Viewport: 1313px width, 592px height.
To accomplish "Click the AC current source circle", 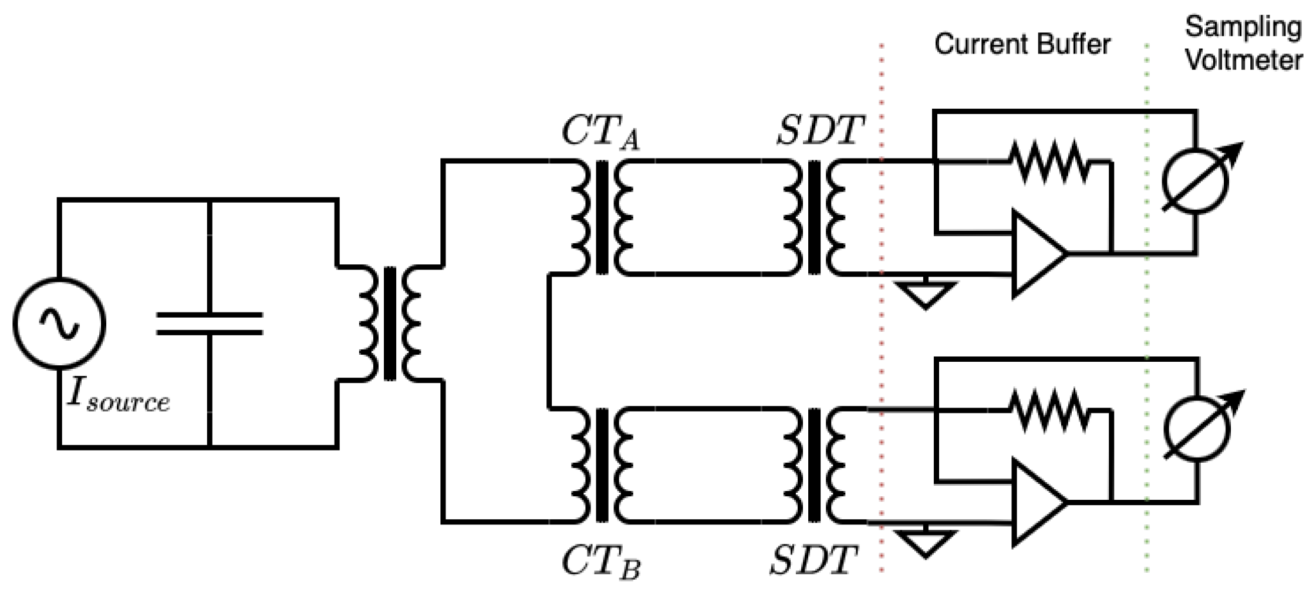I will coord(59,324).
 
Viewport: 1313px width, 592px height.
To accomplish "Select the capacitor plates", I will coord(210,324).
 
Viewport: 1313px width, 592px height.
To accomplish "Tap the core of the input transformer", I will coord(390,324).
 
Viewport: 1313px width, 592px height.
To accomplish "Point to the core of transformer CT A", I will coord(602,217).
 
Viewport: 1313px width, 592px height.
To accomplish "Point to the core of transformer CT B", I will coord(602,465).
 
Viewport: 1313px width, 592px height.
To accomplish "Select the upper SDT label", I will coord(820,130).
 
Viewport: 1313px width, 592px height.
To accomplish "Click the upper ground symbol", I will coord(925,294).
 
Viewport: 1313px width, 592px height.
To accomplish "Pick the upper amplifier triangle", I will coord(1036,254).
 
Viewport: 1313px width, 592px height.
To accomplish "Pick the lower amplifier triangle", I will coord(1036,503).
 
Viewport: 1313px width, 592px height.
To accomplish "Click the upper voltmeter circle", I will coord(1195,181).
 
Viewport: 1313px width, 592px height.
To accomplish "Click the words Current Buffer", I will coord(1022,45).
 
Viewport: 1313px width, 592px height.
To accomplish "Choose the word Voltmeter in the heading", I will coord(1243,60).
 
